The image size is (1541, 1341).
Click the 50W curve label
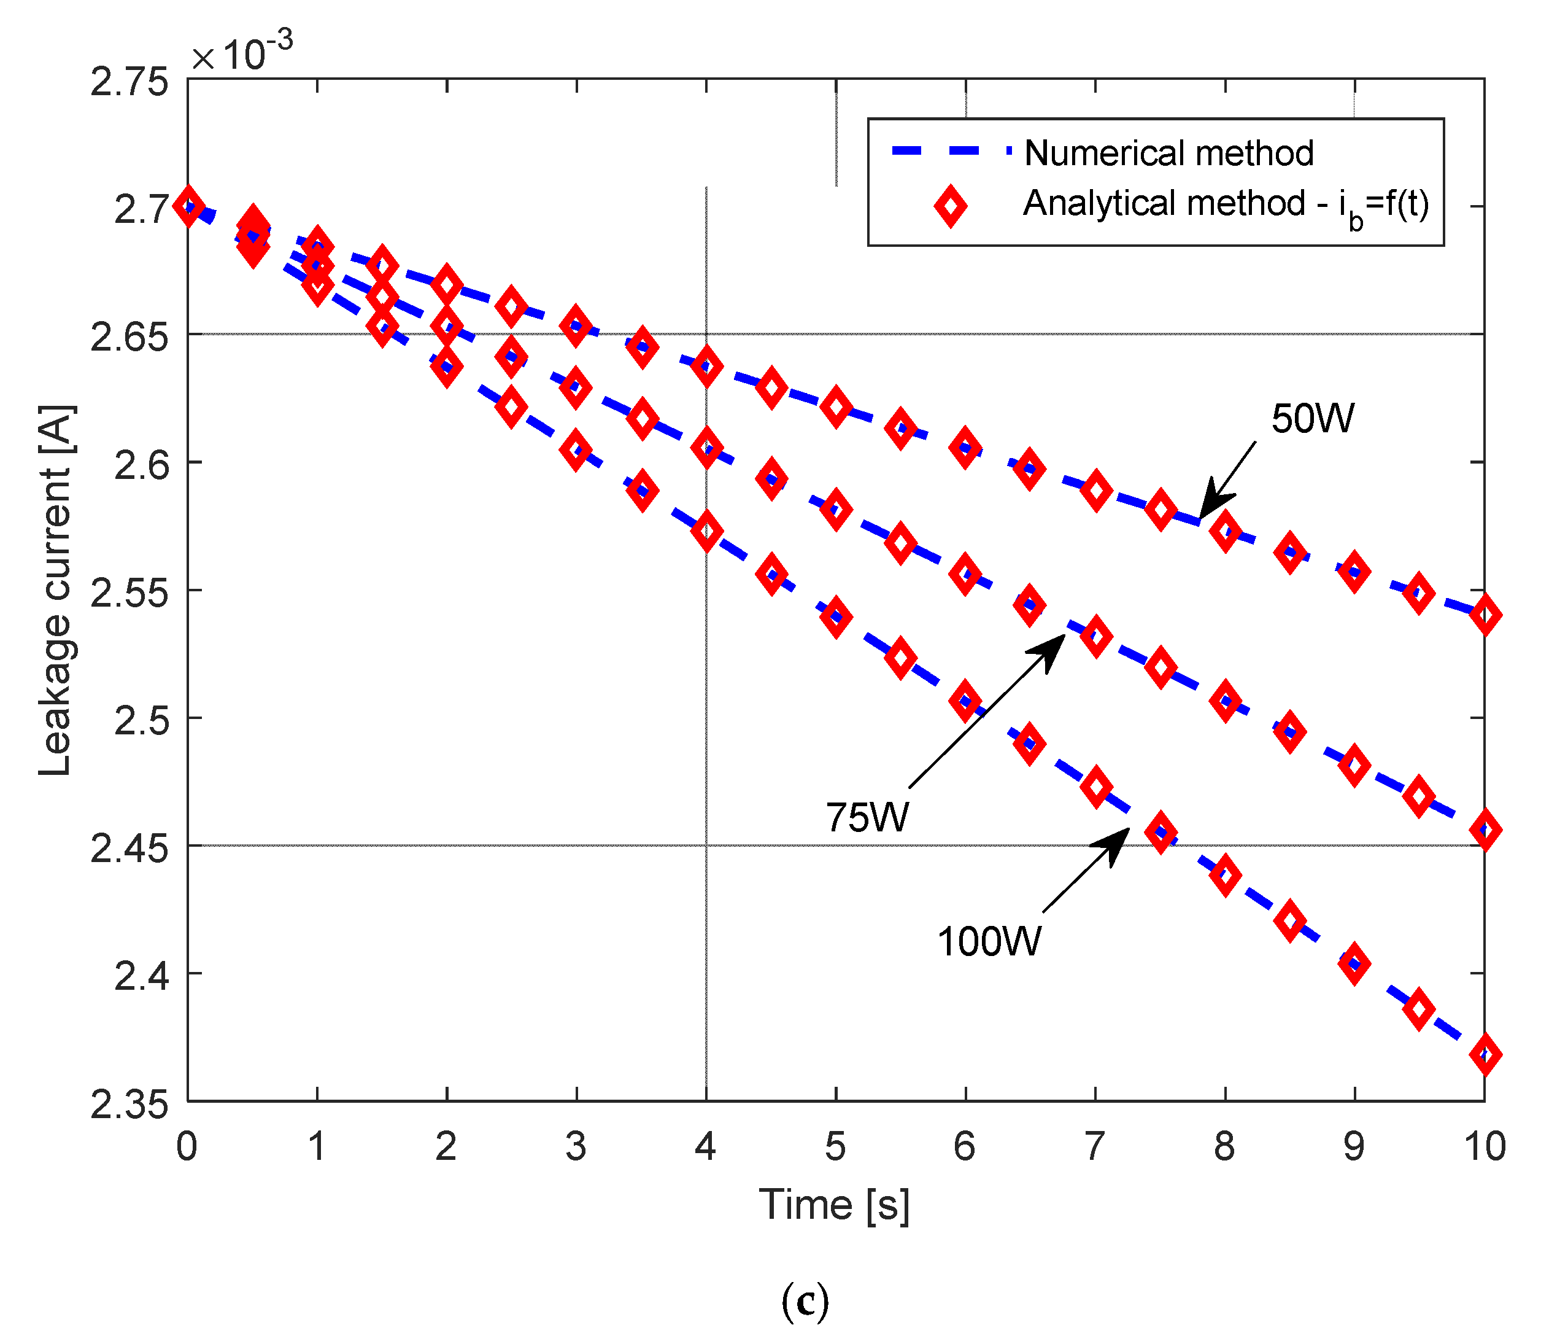click(x=1312, y=419)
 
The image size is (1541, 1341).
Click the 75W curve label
click(x=867, y=817)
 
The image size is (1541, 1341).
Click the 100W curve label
click(x=988, y=941)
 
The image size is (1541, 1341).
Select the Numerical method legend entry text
click(x=1168, y=154)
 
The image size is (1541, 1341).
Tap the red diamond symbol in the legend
click(x=950, y=206)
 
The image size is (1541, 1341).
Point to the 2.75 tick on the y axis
click(x=129, y=82)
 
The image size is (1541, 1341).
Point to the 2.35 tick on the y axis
click(x=129, y=1105)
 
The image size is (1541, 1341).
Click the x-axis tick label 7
click(x=1094, y=1146)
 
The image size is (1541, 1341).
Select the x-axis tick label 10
click(x=1484, y=1146)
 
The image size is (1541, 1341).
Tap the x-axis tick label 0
click(x=187, y=1146)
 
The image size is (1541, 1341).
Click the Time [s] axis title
click(x=834, y=1205)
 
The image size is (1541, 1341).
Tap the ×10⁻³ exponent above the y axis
click(x=242, y=52)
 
